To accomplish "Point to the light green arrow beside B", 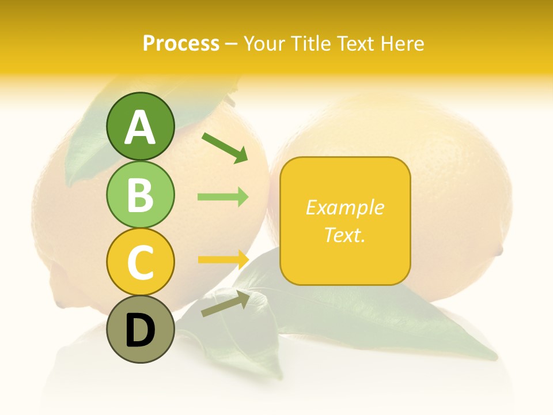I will (223, 197).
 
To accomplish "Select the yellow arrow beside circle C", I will (223, 259).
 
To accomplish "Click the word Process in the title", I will (181, 43).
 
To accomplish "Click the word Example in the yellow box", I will (345, 207).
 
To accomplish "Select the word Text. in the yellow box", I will (345, 235).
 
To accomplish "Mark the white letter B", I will (140, 194).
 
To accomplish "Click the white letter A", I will (140, 127).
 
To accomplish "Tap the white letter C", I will (140, 262).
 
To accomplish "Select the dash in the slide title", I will (232, 44).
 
